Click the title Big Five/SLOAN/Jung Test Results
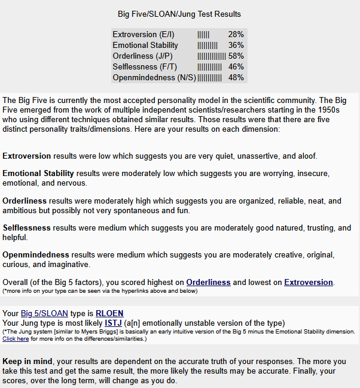point(180,14)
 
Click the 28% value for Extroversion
point(236,35)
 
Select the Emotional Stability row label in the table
point(145,46)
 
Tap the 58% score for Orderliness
point(236,56)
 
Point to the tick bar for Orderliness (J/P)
point(211,56)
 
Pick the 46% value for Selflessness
point(236,67)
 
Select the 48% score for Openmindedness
point(236,78)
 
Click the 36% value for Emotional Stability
point(236,46)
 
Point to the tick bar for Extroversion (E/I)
point(203,35)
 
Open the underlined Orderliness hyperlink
point(208,282)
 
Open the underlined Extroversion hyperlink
point(308,282)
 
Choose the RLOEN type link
point(109,313)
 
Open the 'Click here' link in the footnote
point(16,338)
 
